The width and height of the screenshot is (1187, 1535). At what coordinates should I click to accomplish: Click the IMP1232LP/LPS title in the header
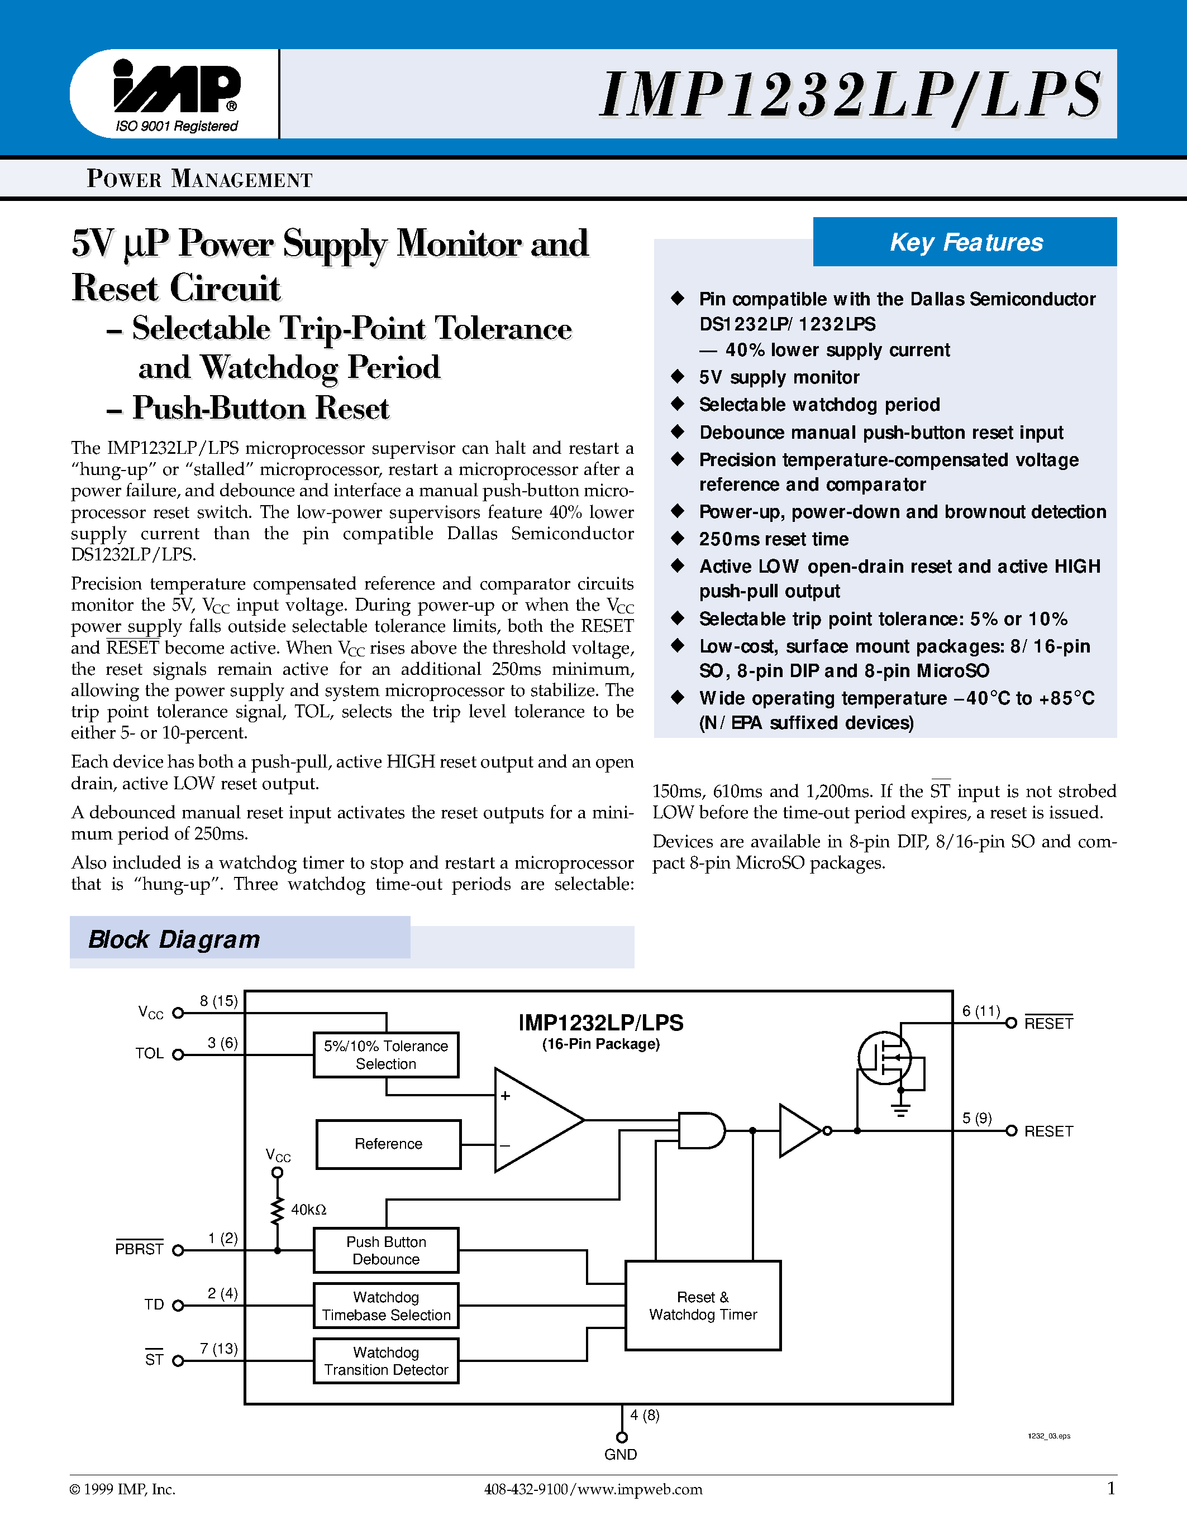pyautogui.click(x=850, y=95)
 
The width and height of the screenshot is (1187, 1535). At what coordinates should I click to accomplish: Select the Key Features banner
pyautogui.click(x=965, y=242)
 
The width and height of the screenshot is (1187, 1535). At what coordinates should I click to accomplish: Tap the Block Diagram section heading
pyautogui.click(x=174, y=939)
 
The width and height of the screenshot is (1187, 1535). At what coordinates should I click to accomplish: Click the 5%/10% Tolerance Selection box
pyautogui.click(x=385, y=1054)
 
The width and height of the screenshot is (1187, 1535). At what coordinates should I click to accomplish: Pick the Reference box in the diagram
pyautogui.click(x=388, y=1144)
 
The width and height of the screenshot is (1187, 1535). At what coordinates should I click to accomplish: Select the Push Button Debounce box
pyautogui.click(x=385, y=1250)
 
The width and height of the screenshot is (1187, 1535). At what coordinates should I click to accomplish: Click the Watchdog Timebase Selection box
pyautogui.click(x=385, y=1305)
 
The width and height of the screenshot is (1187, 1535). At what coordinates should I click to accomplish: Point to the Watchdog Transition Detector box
pyautogui.click(x=385, y=1361)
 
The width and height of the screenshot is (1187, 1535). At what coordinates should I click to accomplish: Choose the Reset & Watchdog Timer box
pyautogui.click(x=703, y=1305)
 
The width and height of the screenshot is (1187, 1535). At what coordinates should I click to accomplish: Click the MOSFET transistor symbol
pyautogui.click(x=885, y=1057)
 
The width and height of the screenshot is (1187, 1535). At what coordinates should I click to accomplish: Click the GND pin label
pyautogui.click(x=620, y=1454)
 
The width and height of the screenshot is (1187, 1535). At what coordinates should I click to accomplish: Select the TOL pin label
pyautogui.click(x=149, y=1053)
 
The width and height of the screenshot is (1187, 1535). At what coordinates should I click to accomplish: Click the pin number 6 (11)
pyautogui.click(x=981, y=1011)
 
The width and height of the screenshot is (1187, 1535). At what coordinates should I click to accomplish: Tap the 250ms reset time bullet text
pyautogui.click(x=774, y=539)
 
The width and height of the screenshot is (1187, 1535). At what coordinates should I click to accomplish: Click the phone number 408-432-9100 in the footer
pyautogui.click(x=525, y=1489)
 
